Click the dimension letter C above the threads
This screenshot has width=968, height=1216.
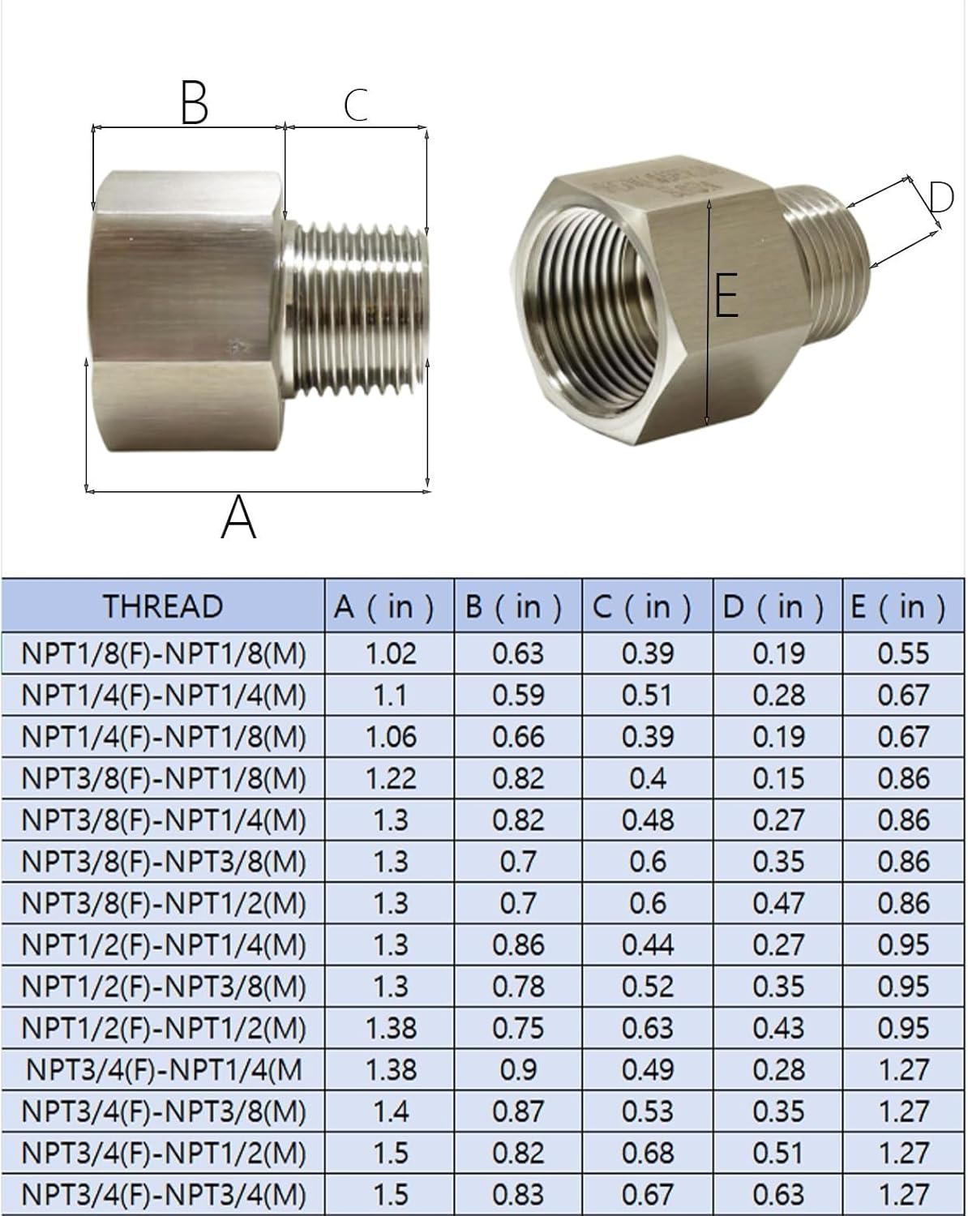pyautogui.click(x=356, y=105)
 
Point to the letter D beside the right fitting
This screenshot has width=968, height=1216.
pyautogui.click(x=940, y=198)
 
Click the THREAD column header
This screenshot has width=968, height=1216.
pyautogui.click(x=162, y=606)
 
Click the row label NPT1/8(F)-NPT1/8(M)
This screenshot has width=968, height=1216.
pyautogui.click(x=164, y=654)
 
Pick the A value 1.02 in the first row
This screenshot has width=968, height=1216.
pyautogui.click(x=390, y=654)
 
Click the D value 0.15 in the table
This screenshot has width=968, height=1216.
pyautogui.click(x=778, y=779)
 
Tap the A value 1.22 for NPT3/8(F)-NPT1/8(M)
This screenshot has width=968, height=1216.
pyautogui.click(x=390, y=779)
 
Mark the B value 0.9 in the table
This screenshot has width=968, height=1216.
pyautogui.click(x=518, y=1070)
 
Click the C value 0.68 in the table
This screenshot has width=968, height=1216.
pyautogui.click(x=648, y=1153)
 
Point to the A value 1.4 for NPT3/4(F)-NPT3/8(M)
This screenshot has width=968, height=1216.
pyautogui.click(x=390, y=1111)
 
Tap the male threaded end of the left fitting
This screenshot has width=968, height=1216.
pyautogui.click(x=357, y=308)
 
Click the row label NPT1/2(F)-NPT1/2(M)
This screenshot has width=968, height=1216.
pyautogui.click(x=164, y=1028)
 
